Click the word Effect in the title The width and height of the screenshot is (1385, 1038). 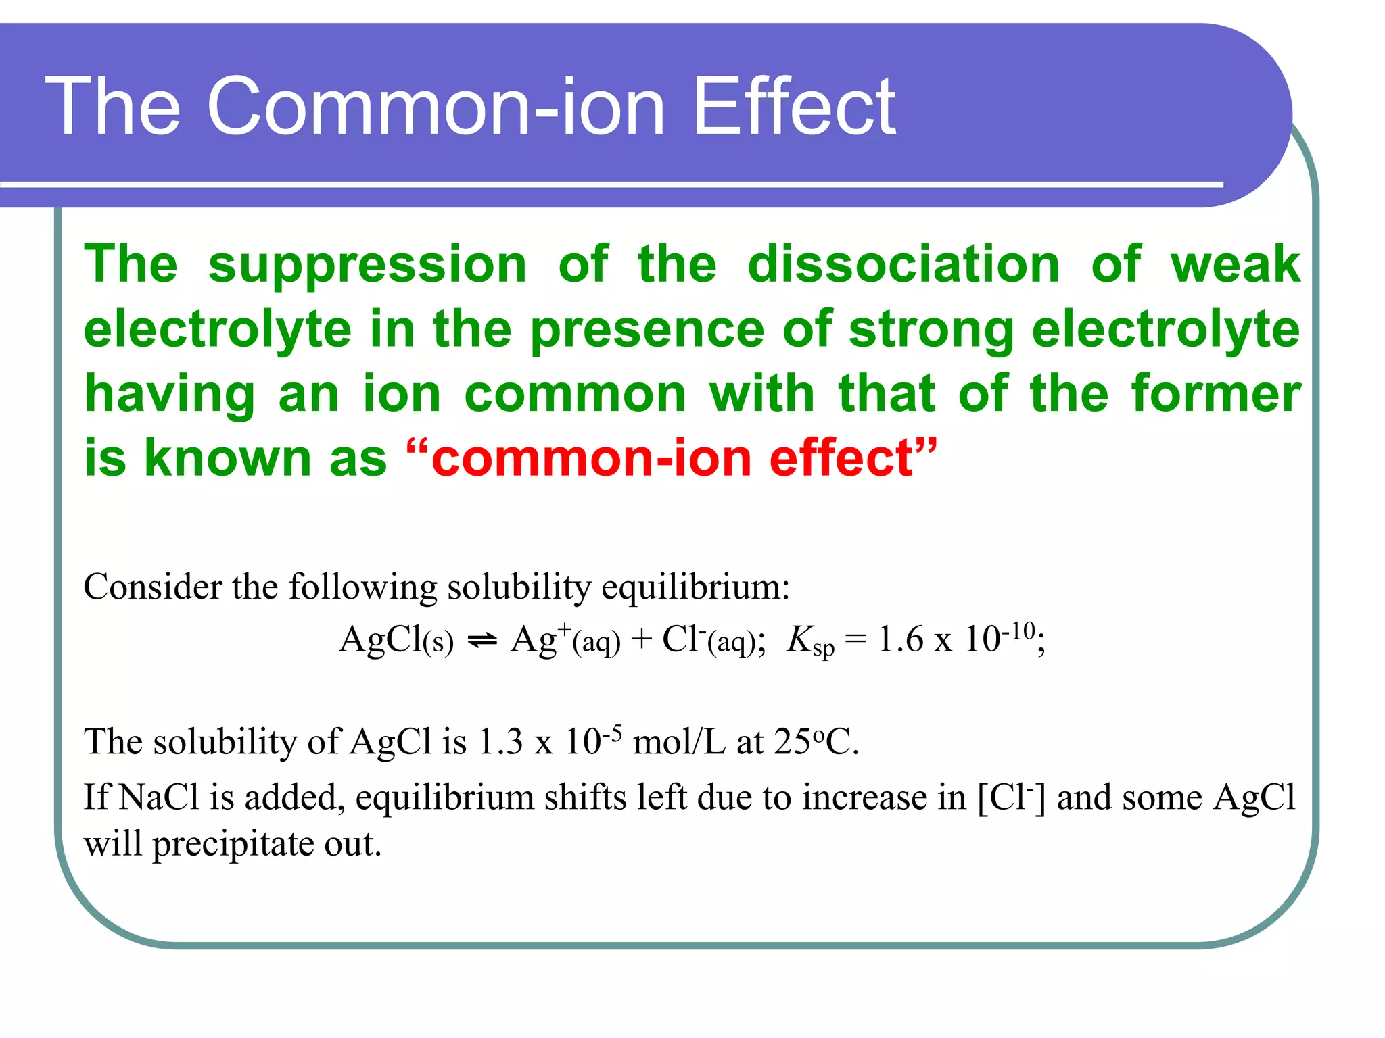coord(795,107)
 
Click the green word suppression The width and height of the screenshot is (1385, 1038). coord(367,265)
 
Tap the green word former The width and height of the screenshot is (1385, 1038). coord(1215,393)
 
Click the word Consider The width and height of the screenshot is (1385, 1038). coord(153,587)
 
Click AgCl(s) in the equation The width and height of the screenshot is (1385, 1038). coord(396,639)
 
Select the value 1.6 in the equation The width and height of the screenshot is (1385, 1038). coord(900,639)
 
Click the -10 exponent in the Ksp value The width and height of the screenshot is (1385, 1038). coord(1018,631)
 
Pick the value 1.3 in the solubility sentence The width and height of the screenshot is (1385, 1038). coord(500,742)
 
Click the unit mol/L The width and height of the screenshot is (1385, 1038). coord(679,742)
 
